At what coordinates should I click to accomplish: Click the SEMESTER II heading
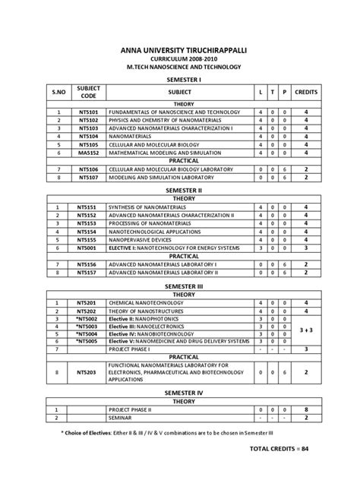coord(180,193)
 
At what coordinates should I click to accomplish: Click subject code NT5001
coord(87,248)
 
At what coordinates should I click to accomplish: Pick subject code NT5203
coord(87,373)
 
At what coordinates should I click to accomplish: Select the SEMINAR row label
coord(122,417)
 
